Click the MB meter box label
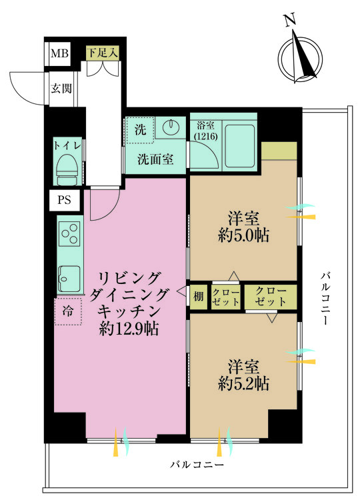point(59,53)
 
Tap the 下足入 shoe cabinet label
point(103,53)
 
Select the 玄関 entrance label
point(61,88)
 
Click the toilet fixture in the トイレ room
point(67,169)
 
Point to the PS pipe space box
point(64,200)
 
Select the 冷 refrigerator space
point(68,311)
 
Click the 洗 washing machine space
point(141,130)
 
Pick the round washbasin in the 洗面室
point(169,127)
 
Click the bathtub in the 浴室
point(240,146)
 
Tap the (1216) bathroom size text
point(206,137)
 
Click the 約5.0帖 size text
point(243,235)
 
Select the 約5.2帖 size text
point(243,383)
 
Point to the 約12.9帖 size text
point(129,328)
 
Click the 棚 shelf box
point(199,297)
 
